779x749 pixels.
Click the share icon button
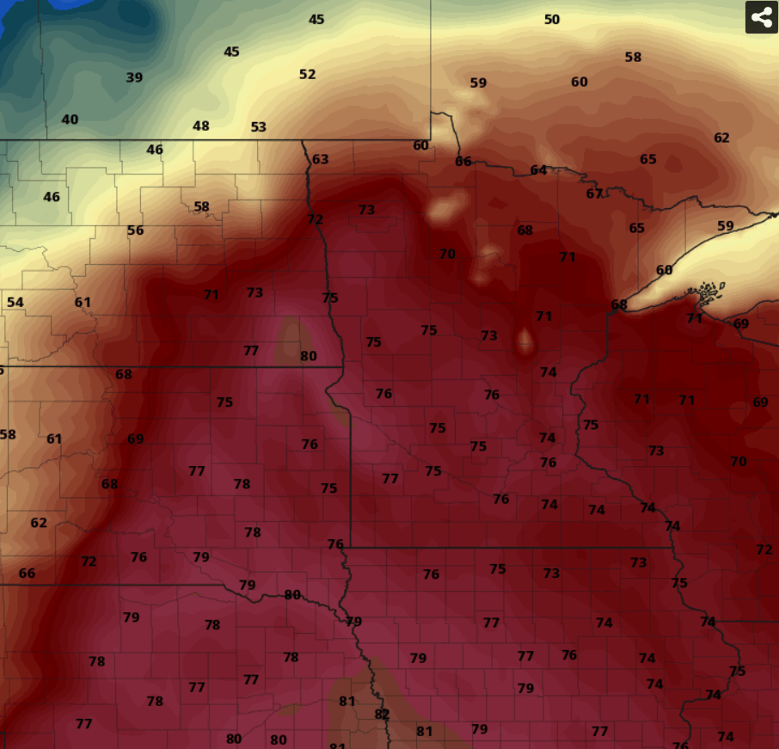click(x=761, y=17)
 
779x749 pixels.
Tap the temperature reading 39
click(x=134, y=77)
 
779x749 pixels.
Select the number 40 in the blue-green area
click(x=70, y=120)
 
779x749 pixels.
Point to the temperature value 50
click(x=552, y=19)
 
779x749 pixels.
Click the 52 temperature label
click(x=307, y=74)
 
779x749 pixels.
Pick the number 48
click(x=200, y=126)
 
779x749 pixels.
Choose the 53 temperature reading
click(x=258, y=126)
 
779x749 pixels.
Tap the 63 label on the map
click(x=320, y=159)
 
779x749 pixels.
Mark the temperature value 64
click(x=538, y=169)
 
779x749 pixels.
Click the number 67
click(x=594, y=193)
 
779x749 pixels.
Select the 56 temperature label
click(x=135, y=230)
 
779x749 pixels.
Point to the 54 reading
click(x=15, y=302)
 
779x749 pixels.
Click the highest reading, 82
click(x=382, y=714)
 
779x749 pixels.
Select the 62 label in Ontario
click(x=721, y=138)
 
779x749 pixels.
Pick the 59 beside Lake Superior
click(x=726, y=226)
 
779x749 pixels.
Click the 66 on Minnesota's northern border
click(x=463, y=161)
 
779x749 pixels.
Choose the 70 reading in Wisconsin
click(x=738, y=461)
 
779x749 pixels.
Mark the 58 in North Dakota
click(x=201, y=206)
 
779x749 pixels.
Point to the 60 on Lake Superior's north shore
click(x=664, y=270)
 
